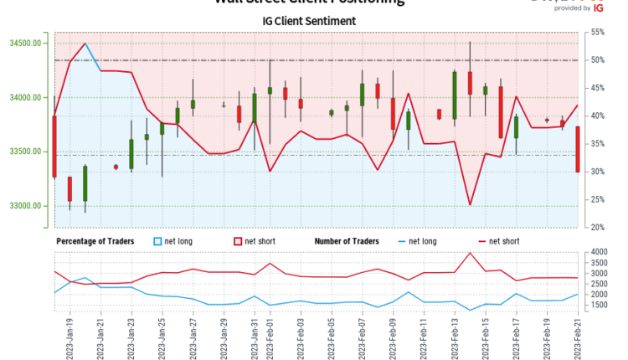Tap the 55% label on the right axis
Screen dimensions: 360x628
click(x=597, y=32)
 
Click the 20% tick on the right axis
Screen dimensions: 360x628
click(x=597, y=227)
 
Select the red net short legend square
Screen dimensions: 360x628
click(x=238, y=241)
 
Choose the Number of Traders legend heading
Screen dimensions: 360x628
click(x=347, y=241)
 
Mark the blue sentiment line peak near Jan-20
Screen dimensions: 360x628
click(x=85, y=44)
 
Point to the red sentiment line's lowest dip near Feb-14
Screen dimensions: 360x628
click(x=470, y=204)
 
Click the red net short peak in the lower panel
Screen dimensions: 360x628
click(x=470, y=253)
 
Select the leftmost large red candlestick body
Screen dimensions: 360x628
click(x=54, y=147)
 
